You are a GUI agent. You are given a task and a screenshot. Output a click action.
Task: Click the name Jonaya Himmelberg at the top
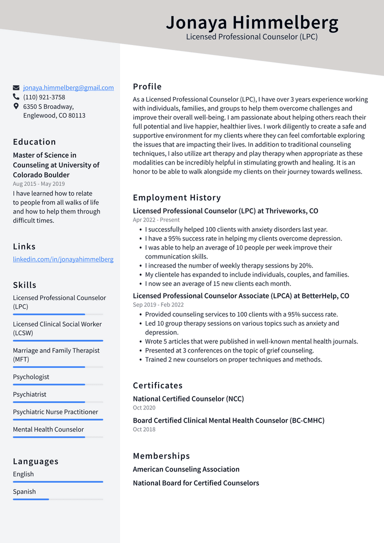[x=252, y=22]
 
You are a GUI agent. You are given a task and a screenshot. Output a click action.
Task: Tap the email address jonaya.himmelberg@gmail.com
[x=68, y=87]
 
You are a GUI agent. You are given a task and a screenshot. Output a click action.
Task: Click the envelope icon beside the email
[x=16, y=87]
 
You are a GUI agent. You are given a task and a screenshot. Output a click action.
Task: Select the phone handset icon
[x=16, y=97]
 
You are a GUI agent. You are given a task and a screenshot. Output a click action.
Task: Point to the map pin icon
[x=16, y=106]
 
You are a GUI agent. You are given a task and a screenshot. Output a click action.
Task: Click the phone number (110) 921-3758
[x=44, y=97]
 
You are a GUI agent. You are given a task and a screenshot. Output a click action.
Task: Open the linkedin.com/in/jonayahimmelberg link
[x=63, y=259]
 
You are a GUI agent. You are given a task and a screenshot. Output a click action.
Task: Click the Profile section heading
[x=147, y=86]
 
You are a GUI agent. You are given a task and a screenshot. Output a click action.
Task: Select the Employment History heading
[x=176, y=197]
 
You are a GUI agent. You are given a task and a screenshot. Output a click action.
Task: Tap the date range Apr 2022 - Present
[x=156, y=219]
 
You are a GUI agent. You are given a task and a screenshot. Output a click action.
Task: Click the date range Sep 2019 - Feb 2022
[x=158, y=304]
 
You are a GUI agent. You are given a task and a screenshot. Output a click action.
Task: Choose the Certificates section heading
[x=157, y=385]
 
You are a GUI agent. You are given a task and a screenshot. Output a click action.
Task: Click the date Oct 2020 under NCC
[x=144, y=407]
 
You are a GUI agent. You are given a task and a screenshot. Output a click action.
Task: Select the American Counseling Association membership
[x=186, y=469]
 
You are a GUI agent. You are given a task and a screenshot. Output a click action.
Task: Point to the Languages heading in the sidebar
[x=35, y=461]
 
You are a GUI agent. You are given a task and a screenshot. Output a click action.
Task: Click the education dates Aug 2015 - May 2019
[x=38, y=183]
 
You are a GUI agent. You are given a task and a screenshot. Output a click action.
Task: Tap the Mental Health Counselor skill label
[x=48, y=429]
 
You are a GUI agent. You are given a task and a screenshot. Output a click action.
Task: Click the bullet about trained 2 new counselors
[x=233, y=359]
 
